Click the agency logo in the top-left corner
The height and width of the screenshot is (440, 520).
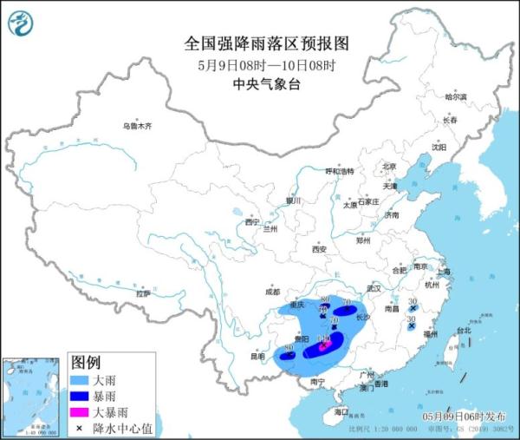click(x=20, y=23)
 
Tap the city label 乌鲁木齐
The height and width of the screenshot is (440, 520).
click(x=136, y=127)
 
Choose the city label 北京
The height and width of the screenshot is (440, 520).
click(x=389, y=167)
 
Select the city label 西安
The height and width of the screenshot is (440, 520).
click(x=318, y=250)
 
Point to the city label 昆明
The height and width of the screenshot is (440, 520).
click(x=257, y=356)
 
